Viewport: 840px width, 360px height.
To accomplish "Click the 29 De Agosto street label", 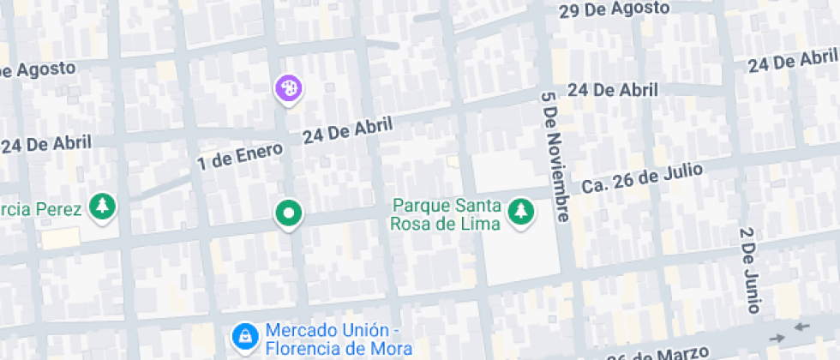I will (614, 9).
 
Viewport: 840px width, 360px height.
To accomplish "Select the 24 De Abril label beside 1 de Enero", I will (347, 130).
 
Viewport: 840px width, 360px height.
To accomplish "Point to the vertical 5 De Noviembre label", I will (555, 153).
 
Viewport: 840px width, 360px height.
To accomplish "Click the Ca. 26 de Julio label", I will (642, 178).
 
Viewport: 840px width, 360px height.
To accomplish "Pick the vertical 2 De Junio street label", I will (749, 270).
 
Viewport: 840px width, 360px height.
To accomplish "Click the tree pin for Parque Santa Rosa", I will (519, 210).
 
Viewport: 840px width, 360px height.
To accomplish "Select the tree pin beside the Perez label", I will (103, 206).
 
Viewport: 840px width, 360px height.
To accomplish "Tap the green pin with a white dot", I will (289, 213).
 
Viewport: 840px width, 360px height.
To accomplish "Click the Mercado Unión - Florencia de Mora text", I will (339, 339).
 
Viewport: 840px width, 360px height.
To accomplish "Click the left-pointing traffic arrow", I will (801, 327).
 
